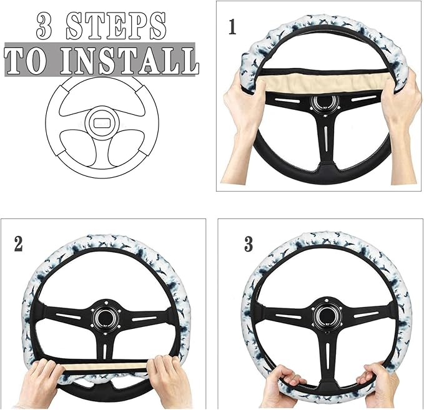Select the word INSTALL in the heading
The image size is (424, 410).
131,61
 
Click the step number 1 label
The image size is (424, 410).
232,28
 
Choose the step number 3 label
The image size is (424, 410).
249,243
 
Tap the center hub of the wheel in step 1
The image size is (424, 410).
323,103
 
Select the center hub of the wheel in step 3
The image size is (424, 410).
323,315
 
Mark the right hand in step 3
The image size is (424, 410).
378,387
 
